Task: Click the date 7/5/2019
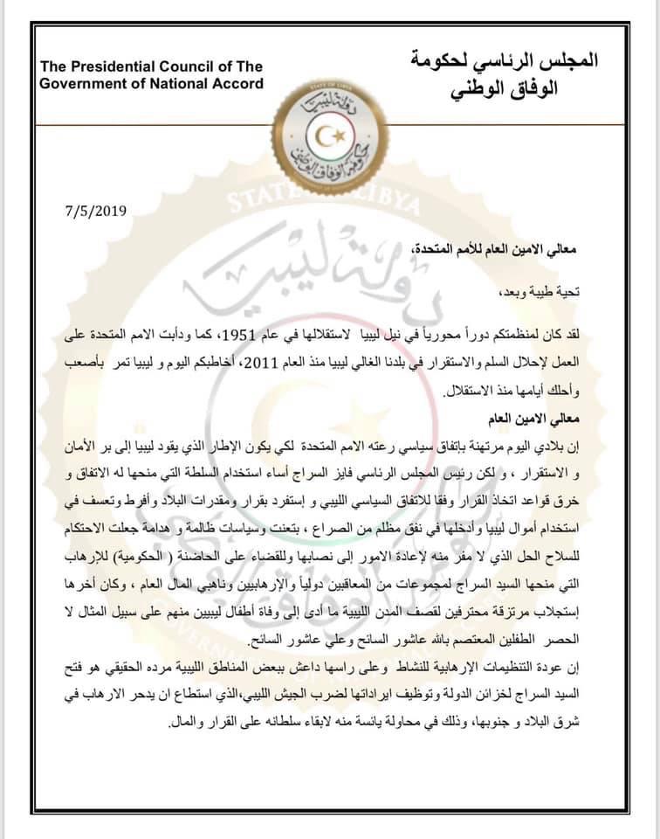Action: click(96, 210)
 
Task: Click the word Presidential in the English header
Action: click(118, 67)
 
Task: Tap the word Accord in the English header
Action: click(230, 83)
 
